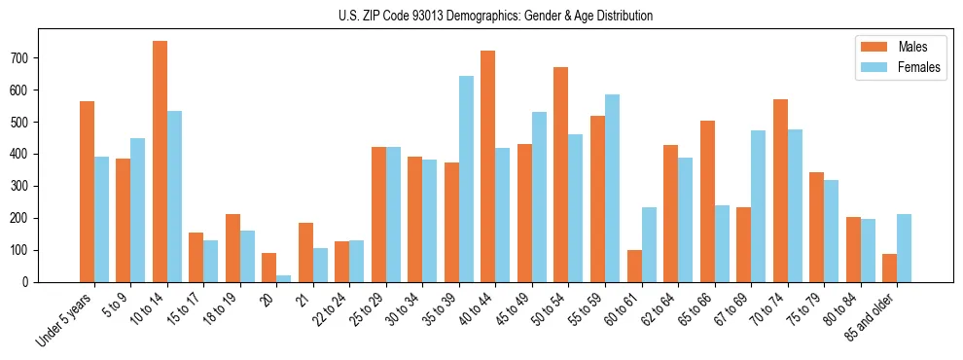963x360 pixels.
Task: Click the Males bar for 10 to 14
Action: pos(160,162)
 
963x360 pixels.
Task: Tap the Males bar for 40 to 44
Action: pos(488,166)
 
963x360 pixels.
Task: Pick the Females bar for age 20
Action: pos(284,278)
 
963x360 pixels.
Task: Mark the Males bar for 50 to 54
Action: pos(561,174)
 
